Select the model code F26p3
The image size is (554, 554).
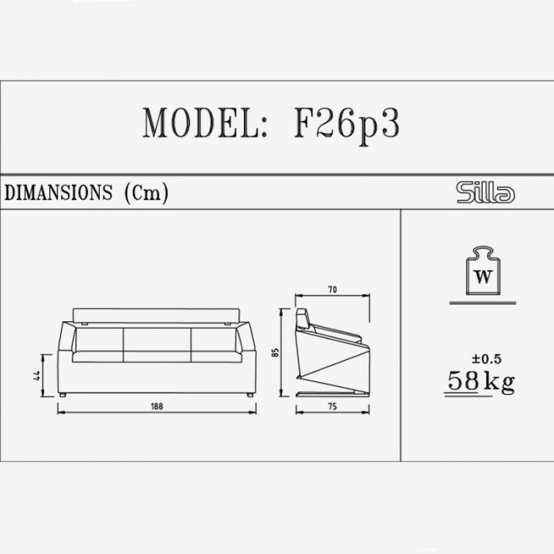347,125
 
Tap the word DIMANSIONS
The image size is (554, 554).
59,192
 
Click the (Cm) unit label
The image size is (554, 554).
146,193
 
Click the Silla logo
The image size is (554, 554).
485,192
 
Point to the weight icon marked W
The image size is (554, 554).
484,271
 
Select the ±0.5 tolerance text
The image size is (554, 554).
487,359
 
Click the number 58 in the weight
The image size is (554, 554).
463,380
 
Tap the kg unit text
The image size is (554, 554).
499,381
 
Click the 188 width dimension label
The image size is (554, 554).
157,406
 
